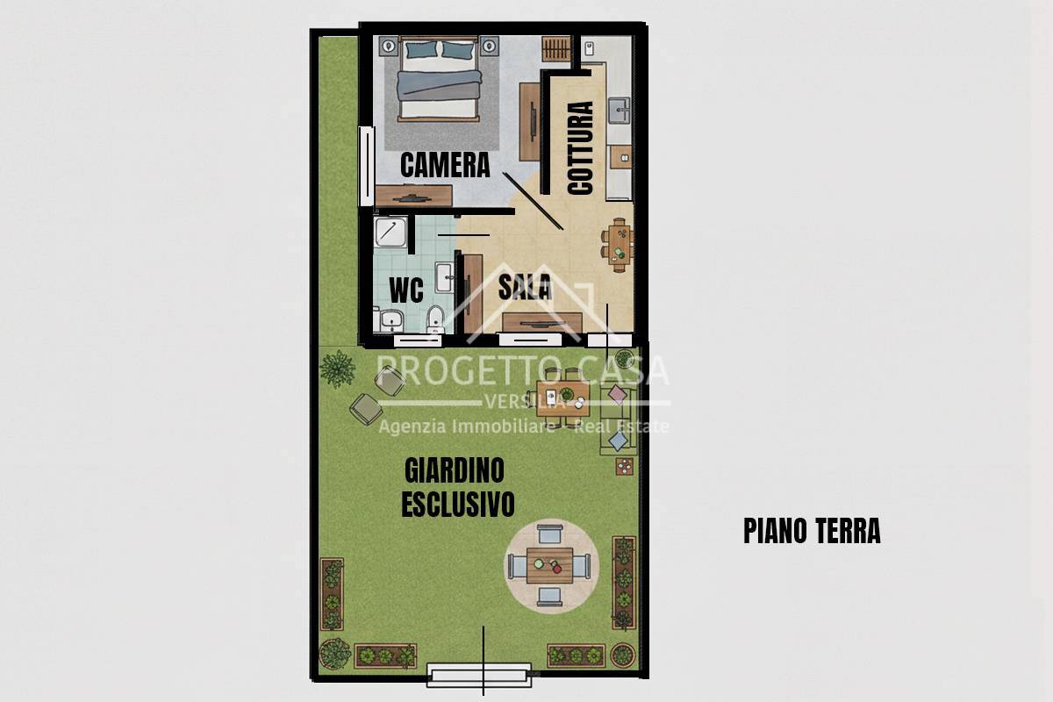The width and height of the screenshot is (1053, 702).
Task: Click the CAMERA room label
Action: point(444,165)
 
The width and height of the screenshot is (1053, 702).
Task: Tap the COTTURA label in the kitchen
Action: point(581,147)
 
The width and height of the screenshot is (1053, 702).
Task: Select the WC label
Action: point(405,289)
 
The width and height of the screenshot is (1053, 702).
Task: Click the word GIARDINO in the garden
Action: point(455,470)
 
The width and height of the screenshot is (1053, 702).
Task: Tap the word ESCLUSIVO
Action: point(457,504)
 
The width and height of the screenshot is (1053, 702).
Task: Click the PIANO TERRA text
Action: point(811,531)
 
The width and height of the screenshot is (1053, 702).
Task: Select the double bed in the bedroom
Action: point(439,81)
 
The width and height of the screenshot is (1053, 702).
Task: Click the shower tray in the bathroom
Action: point(390,234)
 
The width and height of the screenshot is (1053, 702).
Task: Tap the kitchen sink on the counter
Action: point(620,110)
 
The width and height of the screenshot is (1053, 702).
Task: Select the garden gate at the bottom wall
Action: point(479,675)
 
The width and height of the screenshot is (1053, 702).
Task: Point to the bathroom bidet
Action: point(433,320)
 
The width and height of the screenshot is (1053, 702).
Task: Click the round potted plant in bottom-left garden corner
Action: point(334,653)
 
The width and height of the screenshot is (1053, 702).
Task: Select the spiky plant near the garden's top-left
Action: point(337,369)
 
